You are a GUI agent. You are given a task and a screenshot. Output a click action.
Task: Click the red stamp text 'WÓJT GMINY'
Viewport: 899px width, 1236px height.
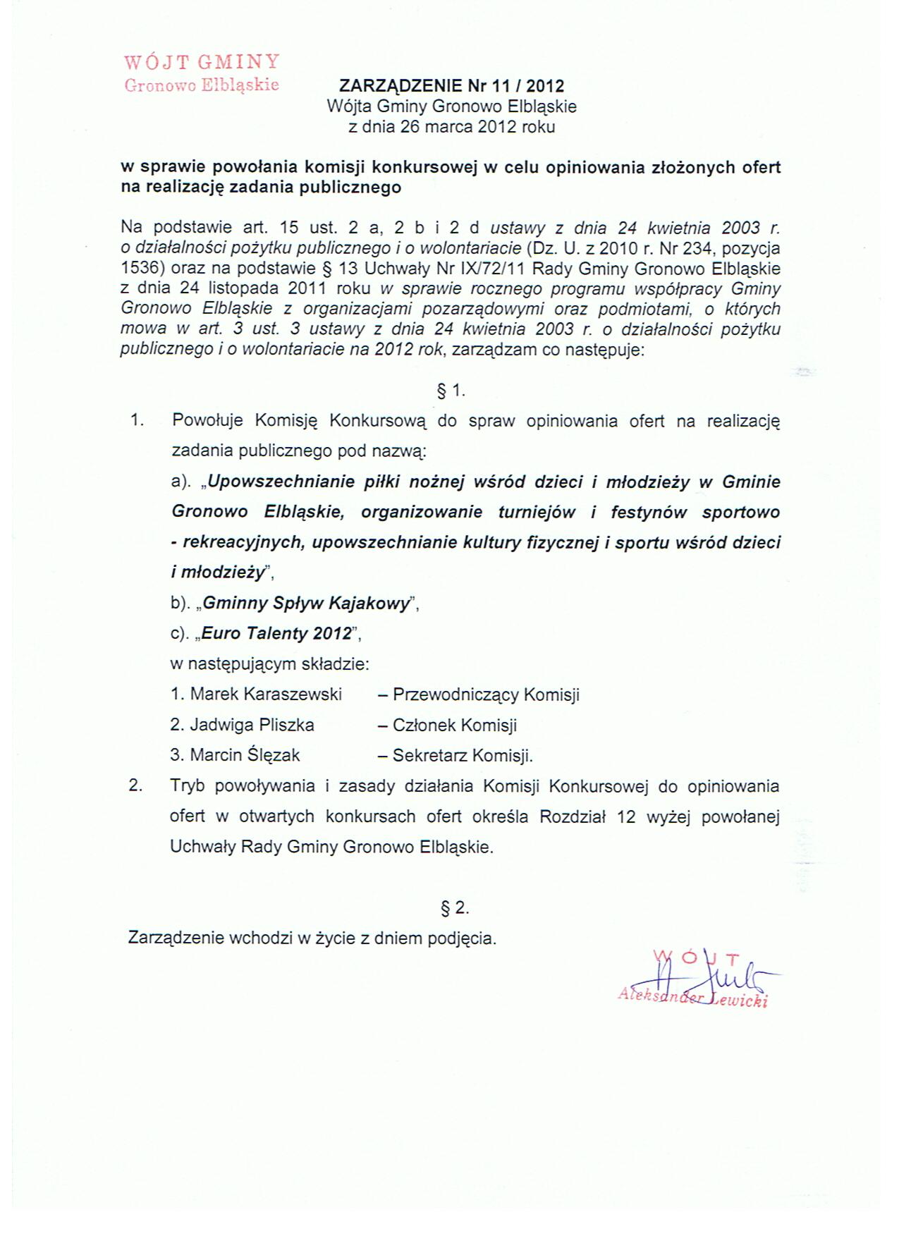pos(202,62)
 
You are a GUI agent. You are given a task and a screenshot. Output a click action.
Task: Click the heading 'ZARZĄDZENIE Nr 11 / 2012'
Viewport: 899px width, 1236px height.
pos(451,86)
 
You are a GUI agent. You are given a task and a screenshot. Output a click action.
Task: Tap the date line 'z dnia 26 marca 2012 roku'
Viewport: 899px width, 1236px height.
pos(451,127)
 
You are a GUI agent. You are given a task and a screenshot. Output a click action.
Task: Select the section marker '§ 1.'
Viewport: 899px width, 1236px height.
pos(451,390)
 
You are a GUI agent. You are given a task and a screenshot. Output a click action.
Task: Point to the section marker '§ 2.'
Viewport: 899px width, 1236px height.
pos(455,908)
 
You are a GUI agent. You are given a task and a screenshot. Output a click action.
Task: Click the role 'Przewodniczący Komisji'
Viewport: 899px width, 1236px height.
pos(486,695)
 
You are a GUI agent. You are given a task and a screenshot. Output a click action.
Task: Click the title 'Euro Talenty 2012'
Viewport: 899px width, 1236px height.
pos(276,633)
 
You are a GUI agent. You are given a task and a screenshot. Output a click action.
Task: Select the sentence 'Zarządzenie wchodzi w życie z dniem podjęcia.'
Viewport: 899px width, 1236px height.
pos(312,938)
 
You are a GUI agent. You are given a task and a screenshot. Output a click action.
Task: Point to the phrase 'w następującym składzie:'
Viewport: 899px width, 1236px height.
pos(271,664)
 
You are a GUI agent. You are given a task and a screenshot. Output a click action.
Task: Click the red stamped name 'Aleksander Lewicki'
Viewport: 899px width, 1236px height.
pos(692,998)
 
